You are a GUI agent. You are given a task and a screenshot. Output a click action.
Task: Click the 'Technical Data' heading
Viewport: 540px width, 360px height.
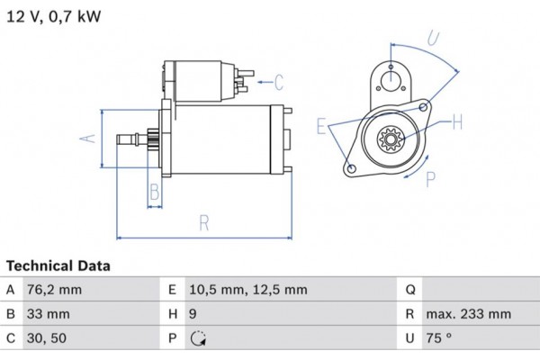click(58, 266)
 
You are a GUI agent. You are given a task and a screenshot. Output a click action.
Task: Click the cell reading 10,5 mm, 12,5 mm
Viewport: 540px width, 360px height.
click(248, 290)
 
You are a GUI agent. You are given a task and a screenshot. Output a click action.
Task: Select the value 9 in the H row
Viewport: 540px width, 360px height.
click(193, 314)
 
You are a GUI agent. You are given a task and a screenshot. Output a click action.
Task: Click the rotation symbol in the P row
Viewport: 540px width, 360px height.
click(198, 339)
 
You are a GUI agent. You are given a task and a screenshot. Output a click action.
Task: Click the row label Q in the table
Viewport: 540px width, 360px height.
click(409, 290)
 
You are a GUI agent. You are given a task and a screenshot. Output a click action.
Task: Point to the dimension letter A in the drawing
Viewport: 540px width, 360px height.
click(87, 138)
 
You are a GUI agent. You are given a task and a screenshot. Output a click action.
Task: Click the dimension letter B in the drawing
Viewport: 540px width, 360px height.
click(154, 191)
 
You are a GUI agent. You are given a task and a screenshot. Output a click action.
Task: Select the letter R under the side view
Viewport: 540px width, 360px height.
click(204, 222)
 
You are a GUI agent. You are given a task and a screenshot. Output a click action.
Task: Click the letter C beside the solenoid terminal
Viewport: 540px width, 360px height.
click(279, 84)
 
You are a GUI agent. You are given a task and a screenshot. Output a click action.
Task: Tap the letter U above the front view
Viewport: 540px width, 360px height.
click(432, 38)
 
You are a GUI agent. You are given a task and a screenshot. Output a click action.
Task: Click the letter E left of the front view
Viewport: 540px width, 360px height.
click(321, 125)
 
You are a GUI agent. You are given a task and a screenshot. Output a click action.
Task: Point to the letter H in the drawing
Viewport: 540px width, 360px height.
click(456, 121)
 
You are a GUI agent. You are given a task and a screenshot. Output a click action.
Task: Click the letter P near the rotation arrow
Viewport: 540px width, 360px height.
click(430, 178)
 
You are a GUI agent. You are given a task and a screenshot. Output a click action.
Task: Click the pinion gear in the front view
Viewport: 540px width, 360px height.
click(391, 140)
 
